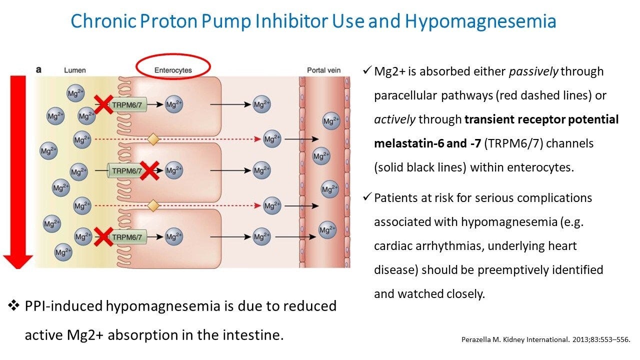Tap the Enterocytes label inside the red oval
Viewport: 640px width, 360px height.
(x=173, y=70)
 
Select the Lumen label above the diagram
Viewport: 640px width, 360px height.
(x=74, y=70)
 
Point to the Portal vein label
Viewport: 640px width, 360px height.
(x=323, y=70)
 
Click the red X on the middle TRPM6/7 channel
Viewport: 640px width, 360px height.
(x=149, y=170)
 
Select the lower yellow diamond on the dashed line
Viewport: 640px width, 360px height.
(x=153, y=204)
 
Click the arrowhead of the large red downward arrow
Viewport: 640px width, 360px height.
(x=18, y=260)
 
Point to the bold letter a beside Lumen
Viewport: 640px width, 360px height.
(x=38, y=70)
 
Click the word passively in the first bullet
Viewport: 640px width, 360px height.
(x=533, y=71)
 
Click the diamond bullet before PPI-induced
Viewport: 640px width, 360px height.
(x=13, y=305)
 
